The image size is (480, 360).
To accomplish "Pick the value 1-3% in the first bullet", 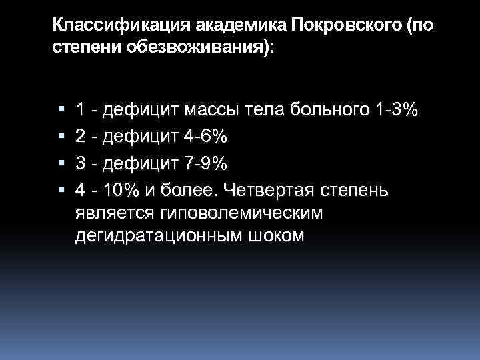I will click(396, 110).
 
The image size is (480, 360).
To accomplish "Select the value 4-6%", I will click(204, 137).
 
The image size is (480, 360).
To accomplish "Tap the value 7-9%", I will click(204, 163).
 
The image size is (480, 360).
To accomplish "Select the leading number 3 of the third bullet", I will click(80, 163).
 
